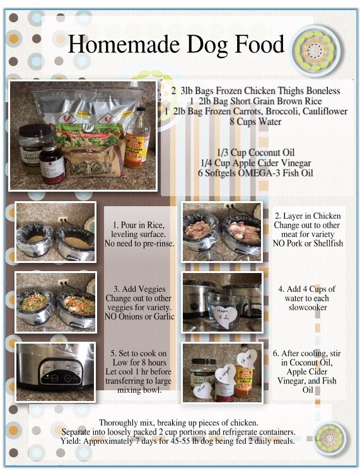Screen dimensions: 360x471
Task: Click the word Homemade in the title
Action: pos(124,45)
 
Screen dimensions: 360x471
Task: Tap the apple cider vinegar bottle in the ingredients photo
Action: pos(137,138)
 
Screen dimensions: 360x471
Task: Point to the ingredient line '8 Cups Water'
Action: pos(255,122)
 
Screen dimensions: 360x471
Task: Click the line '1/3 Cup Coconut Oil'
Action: pos(255,153)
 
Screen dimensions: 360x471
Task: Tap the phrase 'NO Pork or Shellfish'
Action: pos(308,243)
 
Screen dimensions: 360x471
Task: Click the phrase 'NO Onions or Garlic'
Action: pos(139,317)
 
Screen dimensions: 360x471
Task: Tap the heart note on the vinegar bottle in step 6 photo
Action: pos(247,358)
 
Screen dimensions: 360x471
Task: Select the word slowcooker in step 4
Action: pos(308,308)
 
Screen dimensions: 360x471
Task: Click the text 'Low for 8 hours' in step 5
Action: pos(139,363)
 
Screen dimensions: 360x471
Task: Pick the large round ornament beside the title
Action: pos(315,50)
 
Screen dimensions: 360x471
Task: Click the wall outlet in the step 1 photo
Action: pos(63,219)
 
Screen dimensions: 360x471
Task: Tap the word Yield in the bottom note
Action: pos(71,441)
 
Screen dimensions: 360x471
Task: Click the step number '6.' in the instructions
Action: pos(276,354)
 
